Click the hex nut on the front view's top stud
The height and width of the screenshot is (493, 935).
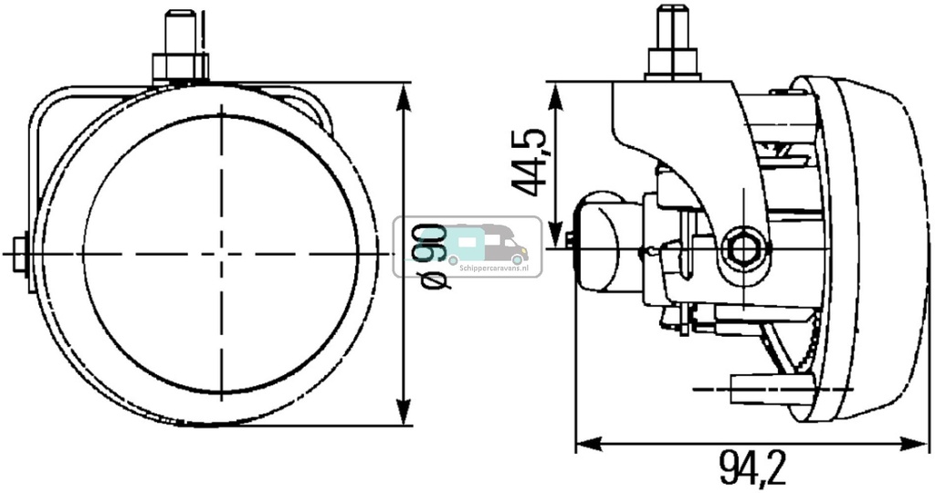(x=180, y=67)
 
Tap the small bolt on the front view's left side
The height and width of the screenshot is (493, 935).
(x=20, y=251)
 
